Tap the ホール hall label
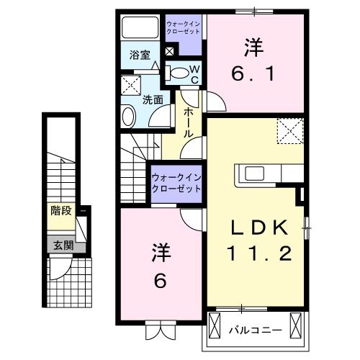tap(188, 122)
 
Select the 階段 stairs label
tap(60, 211)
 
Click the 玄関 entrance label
tap(60, 245)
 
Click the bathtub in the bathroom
tap(139, 29)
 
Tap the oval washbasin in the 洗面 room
tap(127, 115)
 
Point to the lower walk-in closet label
tap(176, 182)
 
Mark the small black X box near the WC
tap(170, 51)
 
